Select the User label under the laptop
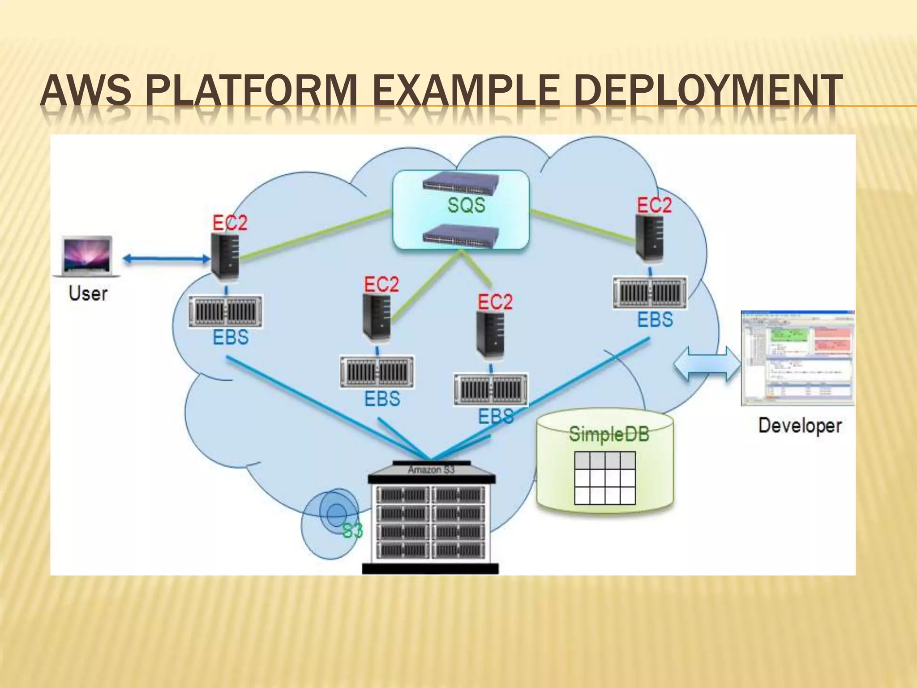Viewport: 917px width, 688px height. [88, 294]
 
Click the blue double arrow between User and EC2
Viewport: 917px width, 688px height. [166, 258]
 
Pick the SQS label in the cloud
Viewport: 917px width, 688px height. [466, 205]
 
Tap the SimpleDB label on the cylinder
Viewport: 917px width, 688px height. [609, 434]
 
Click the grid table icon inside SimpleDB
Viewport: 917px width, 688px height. [604, 478]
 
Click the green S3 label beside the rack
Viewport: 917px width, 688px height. [352, 531]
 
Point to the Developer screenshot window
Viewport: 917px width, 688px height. [797, 357]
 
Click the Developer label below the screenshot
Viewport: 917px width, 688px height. [800, 426]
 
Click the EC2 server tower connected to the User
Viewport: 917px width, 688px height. [225, 255]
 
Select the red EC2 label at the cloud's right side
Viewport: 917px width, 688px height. [654, 206]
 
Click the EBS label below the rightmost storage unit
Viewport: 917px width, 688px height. [655, 320]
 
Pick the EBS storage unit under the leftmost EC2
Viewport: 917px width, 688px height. [225, 311]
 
